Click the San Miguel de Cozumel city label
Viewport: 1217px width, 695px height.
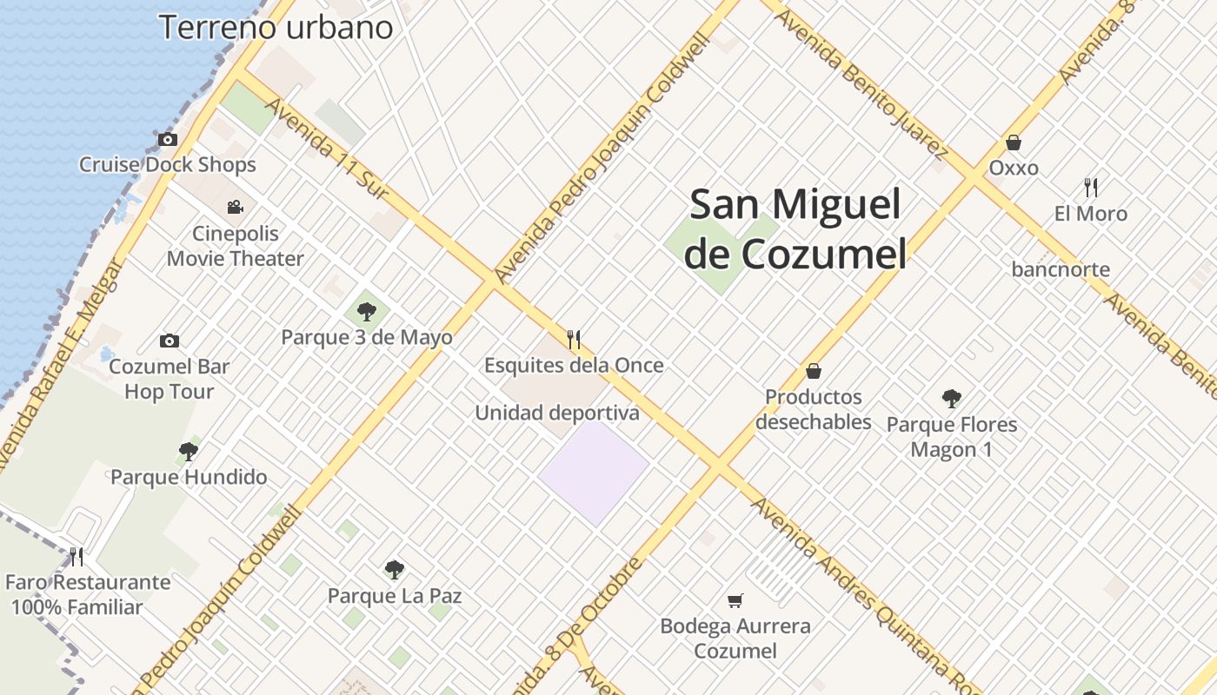point(795,229)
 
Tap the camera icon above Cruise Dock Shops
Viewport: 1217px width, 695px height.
point(167,139)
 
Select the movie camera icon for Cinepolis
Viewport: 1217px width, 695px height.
point(235,207)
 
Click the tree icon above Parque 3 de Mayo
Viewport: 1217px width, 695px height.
point(366,311)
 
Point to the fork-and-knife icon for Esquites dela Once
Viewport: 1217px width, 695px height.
point(573,339)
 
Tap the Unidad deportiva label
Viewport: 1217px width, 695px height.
point(556,414)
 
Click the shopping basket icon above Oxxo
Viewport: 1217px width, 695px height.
point(1013,142)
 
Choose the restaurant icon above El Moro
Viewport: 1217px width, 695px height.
point(1091,187)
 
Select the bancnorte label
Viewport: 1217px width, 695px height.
point(1061,269)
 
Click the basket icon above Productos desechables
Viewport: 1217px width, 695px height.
point(813,371)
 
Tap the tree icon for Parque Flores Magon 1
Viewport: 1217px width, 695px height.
point(951,399)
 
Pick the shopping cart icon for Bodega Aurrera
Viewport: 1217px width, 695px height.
point(735,600)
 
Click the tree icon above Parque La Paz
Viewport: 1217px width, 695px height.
point(394,570)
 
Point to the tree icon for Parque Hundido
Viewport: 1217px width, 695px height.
point(188,451)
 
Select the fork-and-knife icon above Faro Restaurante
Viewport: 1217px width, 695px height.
point(76,556)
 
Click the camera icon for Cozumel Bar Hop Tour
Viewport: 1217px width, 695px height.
point(169,341)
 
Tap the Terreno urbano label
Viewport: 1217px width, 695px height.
point(276,28)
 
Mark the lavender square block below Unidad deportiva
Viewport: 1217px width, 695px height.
point(594,473)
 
